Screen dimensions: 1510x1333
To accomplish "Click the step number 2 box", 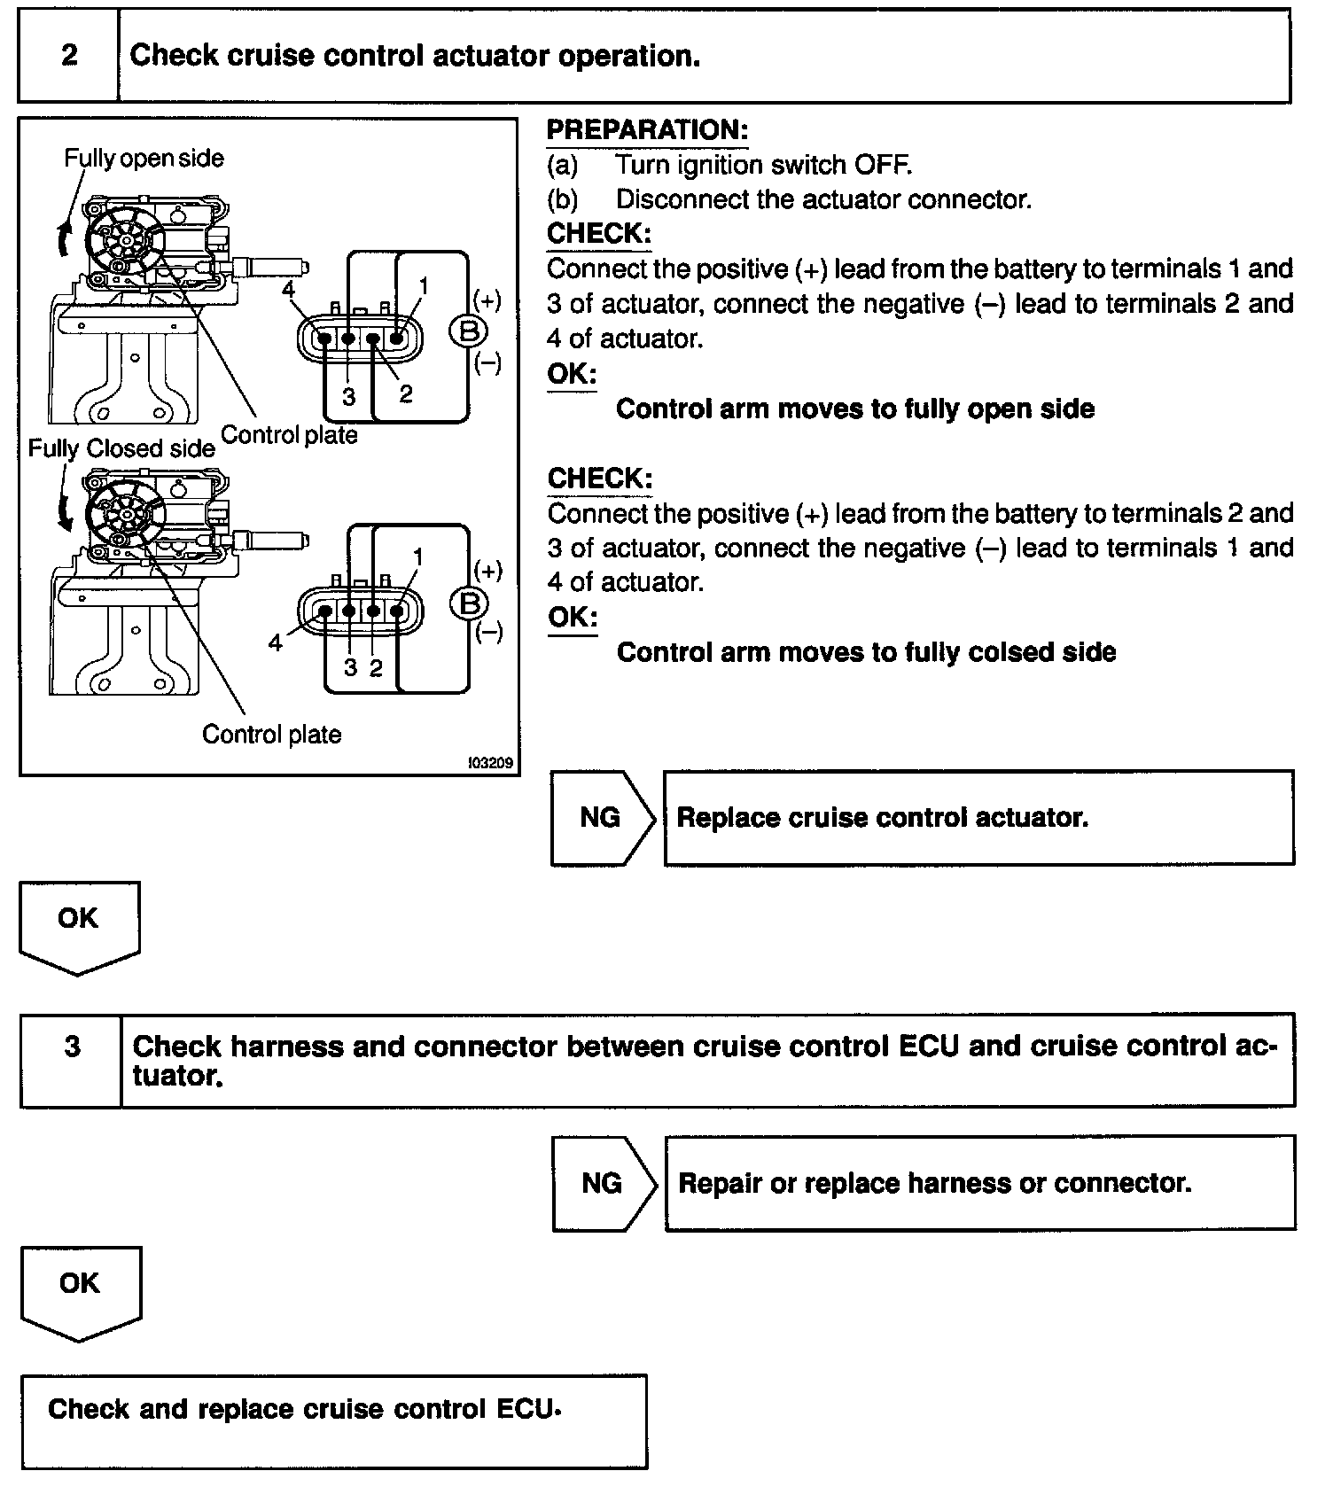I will tap(68, 56).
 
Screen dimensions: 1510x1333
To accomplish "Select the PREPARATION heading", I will tap(647, 130).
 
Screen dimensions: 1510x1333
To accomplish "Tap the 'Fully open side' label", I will tap(144, 159).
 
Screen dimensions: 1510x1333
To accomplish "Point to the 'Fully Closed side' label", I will tap(121, 448).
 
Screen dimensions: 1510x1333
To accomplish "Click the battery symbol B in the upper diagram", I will tap(469, 331).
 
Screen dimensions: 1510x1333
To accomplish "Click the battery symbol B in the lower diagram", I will tap(469, 603).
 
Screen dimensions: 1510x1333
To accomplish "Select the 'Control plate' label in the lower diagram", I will tap(271, 735).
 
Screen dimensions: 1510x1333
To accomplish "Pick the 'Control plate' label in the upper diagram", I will tap(289, 435).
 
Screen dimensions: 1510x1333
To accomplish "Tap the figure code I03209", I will tap(492, 763).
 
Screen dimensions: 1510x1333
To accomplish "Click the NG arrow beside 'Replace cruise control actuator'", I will tap(601, 817).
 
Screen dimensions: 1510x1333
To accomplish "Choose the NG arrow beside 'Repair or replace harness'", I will tap(603, 1183).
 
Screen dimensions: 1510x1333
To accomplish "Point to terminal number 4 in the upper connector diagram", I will tap(288, 290).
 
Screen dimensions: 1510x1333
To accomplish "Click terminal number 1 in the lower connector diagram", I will tap(417, 557).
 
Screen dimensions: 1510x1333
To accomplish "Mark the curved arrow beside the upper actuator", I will tap(64, 237).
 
